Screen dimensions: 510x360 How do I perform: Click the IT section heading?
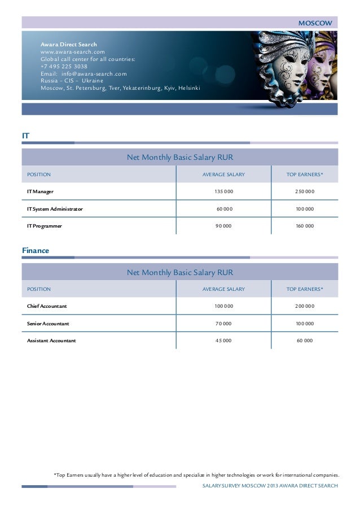(25, 136)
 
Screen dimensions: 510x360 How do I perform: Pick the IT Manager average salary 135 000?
(223, 192)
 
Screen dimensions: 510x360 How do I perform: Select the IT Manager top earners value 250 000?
(305, 192)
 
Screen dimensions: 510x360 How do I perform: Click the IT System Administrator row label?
(55, 209)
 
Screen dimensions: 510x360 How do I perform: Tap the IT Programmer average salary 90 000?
(223, 226)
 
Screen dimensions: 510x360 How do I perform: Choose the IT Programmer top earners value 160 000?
(305, 226)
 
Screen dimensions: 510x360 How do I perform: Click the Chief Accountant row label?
(47, 306)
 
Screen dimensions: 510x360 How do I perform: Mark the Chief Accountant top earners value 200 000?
(305, 306)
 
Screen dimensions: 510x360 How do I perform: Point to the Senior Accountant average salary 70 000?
(223, 324)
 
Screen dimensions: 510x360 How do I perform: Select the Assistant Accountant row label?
(51, 341)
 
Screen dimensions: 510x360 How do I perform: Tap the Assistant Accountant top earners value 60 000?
(305, 341)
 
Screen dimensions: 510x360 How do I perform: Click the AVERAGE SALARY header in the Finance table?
(223, 289)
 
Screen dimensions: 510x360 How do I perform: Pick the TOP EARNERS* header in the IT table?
(305, 175)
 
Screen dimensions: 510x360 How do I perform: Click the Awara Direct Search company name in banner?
(69, 44)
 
